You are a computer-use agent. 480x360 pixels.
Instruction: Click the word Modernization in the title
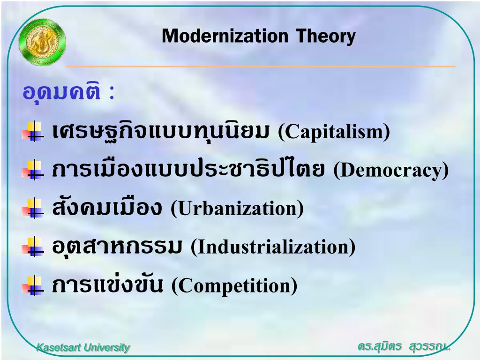tap(225, 36)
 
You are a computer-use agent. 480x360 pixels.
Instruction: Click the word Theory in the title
tap(326, 37)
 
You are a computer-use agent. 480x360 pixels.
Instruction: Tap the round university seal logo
tap(42, 44)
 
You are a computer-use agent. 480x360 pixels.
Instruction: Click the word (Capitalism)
tap(334, 132)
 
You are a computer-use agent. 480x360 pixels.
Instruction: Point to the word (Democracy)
tap(391, 170)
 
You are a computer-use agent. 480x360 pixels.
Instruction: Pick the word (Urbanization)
tap(237, 208)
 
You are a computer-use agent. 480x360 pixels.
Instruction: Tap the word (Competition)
tap(234, 285)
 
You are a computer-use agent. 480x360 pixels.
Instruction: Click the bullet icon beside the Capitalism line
tap(33, 132)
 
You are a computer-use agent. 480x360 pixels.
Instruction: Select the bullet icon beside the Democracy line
tap(33, 170)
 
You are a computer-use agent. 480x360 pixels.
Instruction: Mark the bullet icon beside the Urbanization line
tap(33, 209)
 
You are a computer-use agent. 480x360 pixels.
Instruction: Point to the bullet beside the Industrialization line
tap(33, 247)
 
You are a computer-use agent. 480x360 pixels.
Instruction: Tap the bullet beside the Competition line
tap(33, 285)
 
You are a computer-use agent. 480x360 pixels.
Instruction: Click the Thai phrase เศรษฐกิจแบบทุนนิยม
tap(161, 131)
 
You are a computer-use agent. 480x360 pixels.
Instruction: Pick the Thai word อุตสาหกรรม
tap(117, 247)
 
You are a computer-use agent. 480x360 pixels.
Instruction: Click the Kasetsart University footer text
tap(83, 347)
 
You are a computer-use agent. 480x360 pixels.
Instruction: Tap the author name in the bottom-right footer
tap(404, 346)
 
